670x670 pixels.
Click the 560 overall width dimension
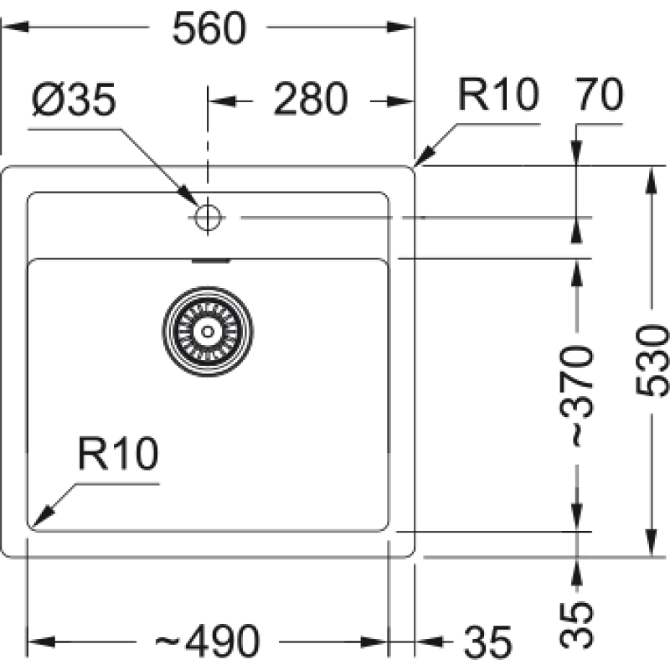(x=209, y=31)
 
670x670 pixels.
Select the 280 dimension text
(x=310, y=100)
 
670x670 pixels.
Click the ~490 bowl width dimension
(x=208, y=642)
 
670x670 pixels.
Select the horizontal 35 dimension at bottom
(x=487, y=642)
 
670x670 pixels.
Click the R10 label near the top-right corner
(x=497, y=96)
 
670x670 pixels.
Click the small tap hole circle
(x=206, y=218)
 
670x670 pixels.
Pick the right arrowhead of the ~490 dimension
(x=381, y=642)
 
